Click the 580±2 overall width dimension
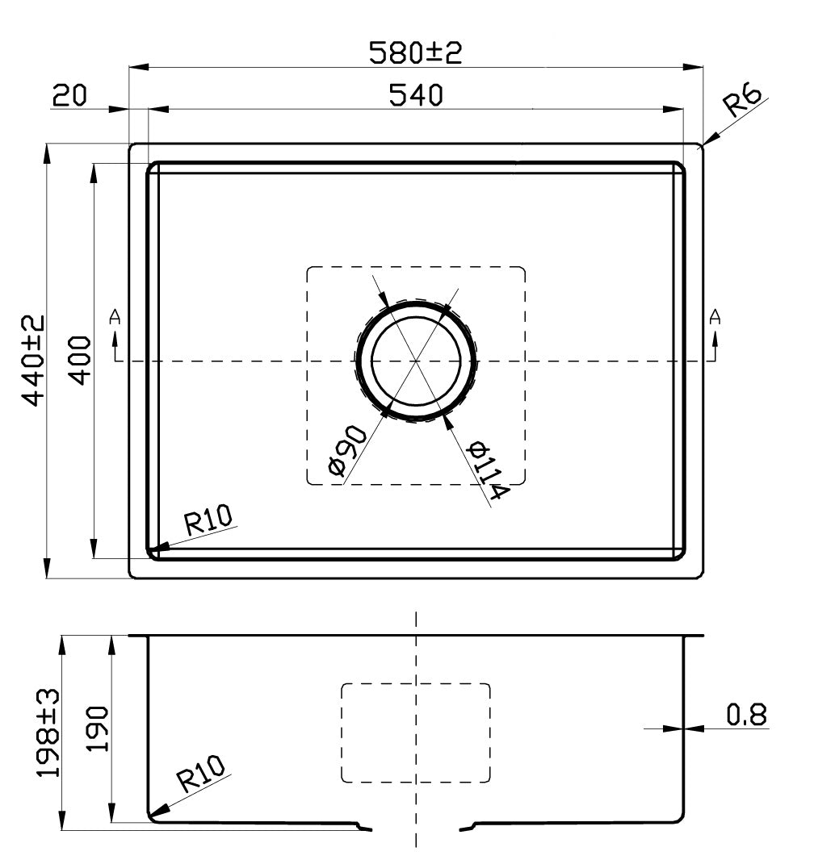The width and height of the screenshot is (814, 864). [x=415, y=52]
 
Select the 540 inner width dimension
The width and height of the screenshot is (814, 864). [x=416, y=95]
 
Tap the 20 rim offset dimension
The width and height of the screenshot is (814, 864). [x=69, y=95]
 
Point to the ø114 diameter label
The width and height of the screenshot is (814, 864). [x=487, y=470]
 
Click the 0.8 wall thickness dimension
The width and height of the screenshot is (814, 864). [x=745, y=715]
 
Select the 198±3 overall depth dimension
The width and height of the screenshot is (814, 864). [x=49, y=733]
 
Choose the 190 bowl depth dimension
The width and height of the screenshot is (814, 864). [x=96, y=728]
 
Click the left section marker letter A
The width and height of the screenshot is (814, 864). [x=115, y=317]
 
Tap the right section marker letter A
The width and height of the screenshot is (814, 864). [x=715, y=317]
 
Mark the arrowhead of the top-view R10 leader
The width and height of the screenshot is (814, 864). [x=156, y=549]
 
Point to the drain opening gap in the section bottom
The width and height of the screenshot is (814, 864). [x=415, y=826]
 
